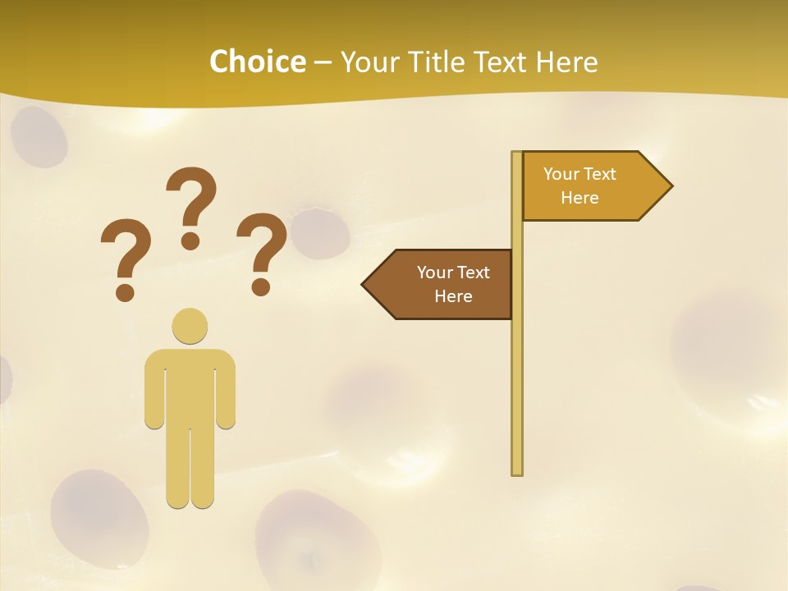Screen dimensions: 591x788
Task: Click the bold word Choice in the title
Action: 257,62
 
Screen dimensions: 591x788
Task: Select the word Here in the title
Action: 566,62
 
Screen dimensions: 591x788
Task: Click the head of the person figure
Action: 190,326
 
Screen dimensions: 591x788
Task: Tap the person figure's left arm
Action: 153,390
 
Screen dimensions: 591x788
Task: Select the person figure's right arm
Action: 227,390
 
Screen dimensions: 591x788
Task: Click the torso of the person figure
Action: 190,386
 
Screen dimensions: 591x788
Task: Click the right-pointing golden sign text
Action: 580,186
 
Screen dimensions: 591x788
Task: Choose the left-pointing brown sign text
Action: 452,284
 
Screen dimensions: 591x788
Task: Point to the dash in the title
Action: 323,62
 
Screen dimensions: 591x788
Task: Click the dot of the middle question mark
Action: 190,241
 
